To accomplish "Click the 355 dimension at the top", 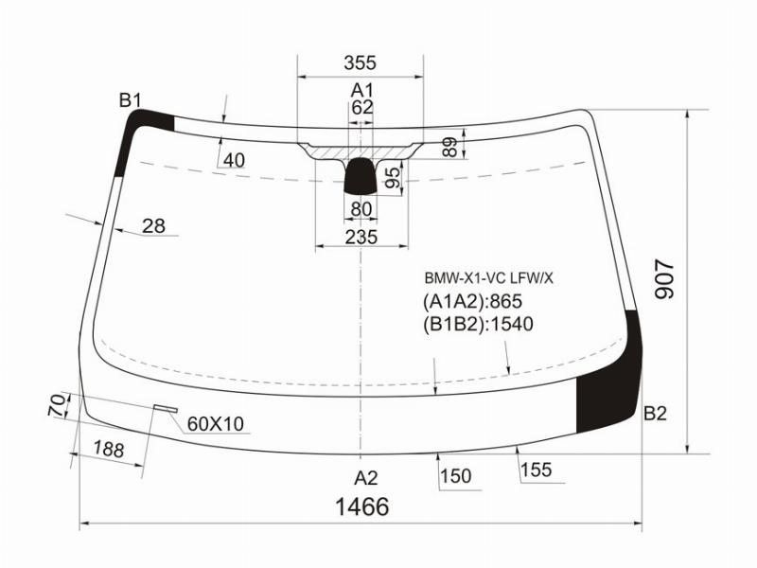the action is (x=360, y=62).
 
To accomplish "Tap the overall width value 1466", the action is (x=362, y=506).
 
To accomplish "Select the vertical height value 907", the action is (x=664, y=278).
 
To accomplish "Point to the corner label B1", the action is (x=131, y=100).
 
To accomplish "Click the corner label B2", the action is (x=655, y=414).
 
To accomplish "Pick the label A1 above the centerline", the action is (x=361, y=90).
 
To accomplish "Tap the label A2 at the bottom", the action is (x=365, y=478).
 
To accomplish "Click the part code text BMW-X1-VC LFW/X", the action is (x=488, y=278).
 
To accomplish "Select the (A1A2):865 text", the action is (x=472, y=301).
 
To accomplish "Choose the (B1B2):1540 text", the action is (x=478, y=324).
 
